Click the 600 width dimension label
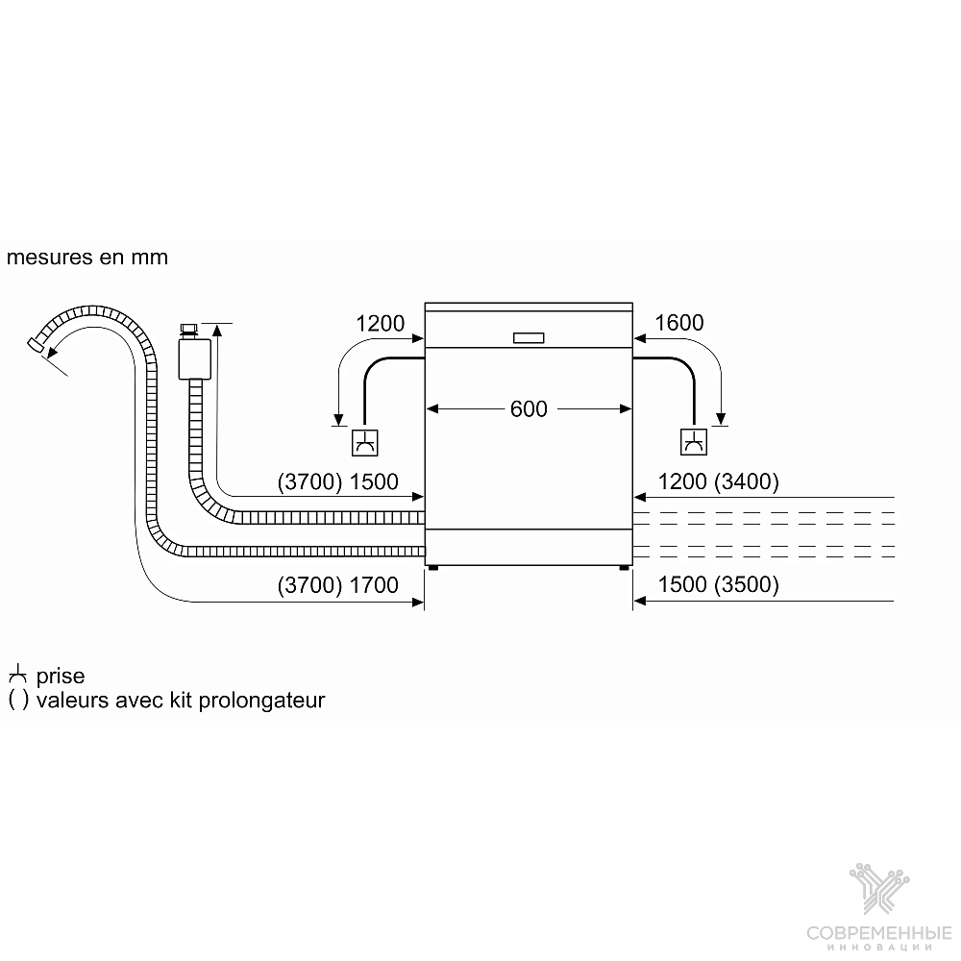tap(529, 408)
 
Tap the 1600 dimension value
tap(679, 323)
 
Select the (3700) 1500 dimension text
tap(337, 481)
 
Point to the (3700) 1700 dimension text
tap(337, 585)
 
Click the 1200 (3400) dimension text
tap(718, 481)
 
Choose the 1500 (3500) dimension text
tap(718, 584)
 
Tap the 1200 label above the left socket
tap(380, 324)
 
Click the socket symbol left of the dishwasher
tap(364, 442)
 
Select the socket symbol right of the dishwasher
tap(694, 442)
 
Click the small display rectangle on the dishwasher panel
tap(529, 337)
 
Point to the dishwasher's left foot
tap(433, 568)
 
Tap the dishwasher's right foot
tap(624, 568)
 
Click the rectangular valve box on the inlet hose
tap(195, 358)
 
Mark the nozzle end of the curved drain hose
tap(37, 344)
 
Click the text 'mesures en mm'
tap(87, 258)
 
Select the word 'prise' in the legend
tap(60, 676)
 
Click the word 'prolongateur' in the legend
tap(261, 700)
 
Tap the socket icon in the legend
tap(17, 674)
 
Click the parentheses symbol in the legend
tap(18, 700)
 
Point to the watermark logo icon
tap(879, 888)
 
